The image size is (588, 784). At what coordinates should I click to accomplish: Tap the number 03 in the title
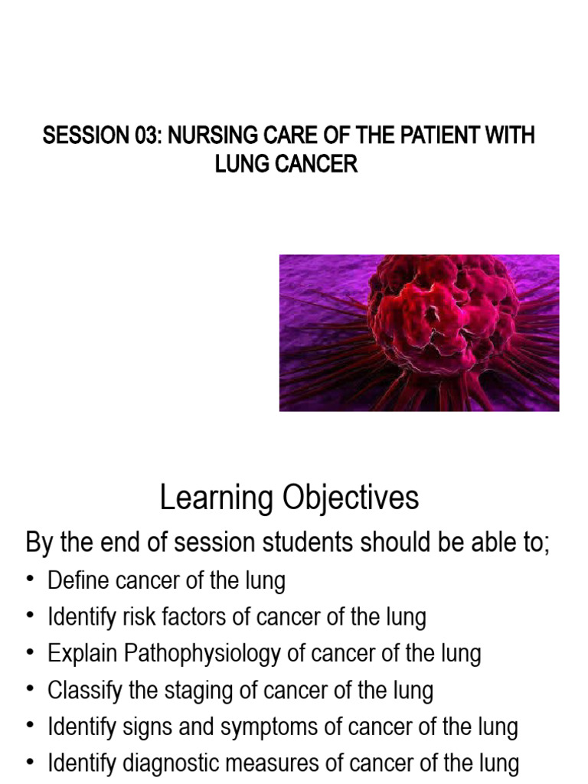[x=143, y=136]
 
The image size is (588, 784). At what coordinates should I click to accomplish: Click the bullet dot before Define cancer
[x=31, y=580]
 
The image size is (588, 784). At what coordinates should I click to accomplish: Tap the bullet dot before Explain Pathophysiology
[x=31, y=654]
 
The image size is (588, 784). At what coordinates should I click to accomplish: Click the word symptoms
[x=284, y=727]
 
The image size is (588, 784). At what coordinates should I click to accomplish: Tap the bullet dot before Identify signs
[x=31, y=727]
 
